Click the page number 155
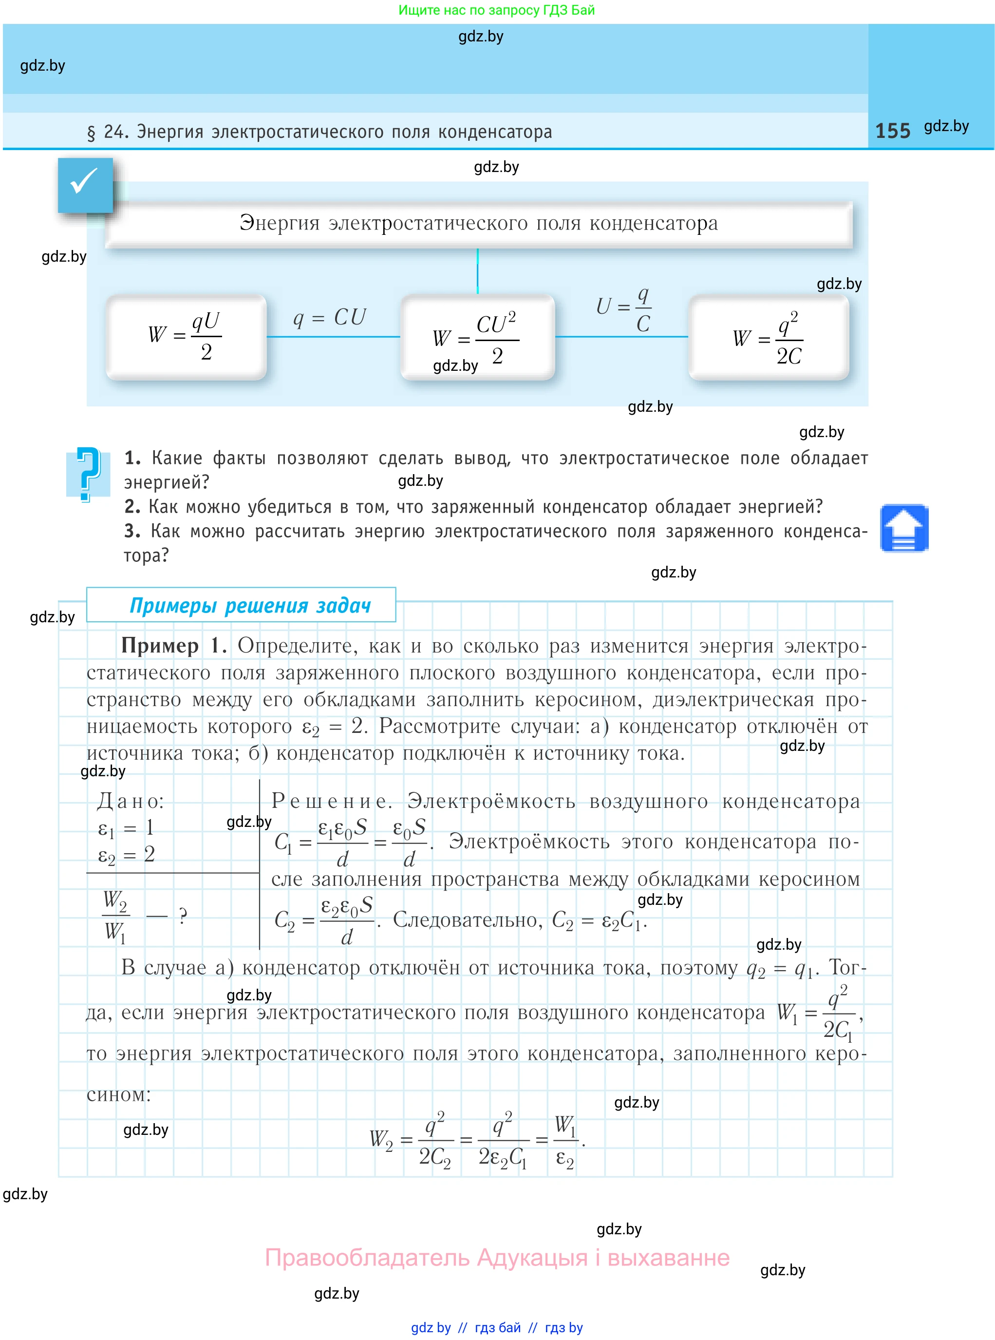[x=892, y=131]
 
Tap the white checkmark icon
[x=84, y=181]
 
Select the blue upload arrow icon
[x=903, y=528]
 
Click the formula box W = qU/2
[x=186, y=336]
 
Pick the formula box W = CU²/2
[x=477, y=337]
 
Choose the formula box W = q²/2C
[x=768, y=337]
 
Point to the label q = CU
[x=329, y=317]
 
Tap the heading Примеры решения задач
[x=250, y=605]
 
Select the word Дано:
[x=130, y=801]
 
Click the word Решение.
[x=331, y=801]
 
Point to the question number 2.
[x=131, y=507]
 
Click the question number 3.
[x=131, y=531]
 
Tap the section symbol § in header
[x=91, y=132]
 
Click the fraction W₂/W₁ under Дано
[x=114, y=916]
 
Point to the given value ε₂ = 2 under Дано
[x=127, y=854]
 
